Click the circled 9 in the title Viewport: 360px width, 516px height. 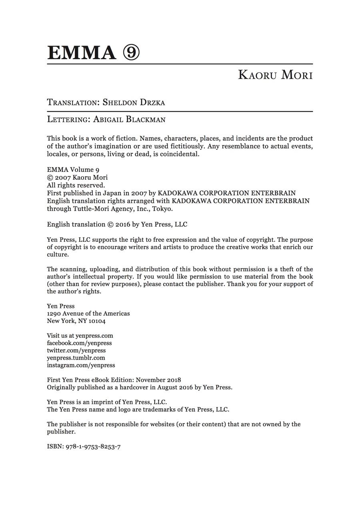click(131, 53)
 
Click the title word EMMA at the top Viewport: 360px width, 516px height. click(81, 53)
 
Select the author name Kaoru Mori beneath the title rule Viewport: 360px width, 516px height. click(275, 75)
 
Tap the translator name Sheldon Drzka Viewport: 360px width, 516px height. click(134, 102)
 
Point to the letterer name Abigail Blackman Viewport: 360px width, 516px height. click(129, 119)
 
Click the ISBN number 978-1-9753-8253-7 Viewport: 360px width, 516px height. click(93, 446)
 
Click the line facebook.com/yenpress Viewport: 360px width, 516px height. click(79, 343)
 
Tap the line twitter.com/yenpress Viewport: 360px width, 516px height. click(76, 351)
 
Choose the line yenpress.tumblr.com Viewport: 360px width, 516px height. click(76, 358)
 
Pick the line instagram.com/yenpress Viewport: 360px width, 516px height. click(81, 365)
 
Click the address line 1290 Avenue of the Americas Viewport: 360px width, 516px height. click(88, 314)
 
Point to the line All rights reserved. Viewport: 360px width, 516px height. click(76, 185)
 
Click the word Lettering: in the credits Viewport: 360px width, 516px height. click(68, 119)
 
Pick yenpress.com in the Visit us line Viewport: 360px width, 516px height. click(94, 336)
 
